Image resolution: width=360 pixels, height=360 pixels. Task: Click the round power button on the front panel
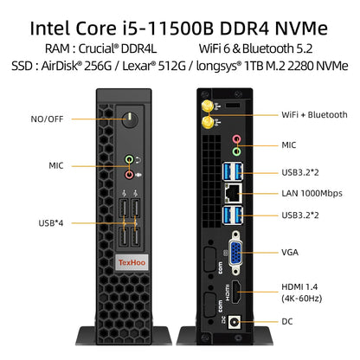coord(130,119)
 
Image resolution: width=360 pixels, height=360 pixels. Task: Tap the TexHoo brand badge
coord(132,262)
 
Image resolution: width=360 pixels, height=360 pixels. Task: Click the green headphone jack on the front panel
coord(129,159)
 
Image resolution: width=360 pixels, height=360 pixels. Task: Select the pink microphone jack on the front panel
coord(129,174)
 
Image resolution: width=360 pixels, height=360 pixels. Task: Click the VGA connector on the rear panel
coord(235,253)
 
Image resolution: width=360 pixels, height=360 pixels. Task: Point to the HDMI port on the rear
coord(236,292)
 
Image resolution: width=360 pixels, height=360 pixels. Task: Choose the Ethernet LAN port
coord(233,193)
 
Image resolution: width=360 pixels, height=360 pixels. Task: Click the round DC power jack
coord(235,322)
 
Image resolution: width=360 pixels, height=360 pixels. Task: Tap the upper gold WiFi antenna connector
coord(207,106)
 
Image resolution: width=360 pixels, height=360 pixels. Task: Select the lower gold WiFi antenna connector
coord(207,122)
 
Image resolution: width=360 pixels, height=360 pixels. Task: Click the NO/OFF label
coord(47,119)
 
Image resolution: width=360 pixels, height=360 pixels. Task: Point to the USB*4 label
coord(51,223)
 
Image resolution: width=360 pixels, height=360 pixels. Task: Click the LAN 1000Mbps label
coord(312,193)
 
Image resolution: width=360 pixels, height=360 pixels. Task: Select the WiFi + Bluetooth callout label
coord(314,114)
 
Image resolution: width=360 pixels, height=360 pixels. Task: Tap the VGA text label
coord(290,252)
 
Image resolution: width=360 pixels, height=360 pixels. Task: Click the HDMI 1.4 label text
coord(299,286)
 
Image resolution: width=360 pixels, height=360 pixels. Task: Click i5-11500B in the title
coord(168,28)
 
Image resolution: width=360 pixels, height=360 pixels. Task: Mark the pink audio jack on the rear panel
coord(237,139)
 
